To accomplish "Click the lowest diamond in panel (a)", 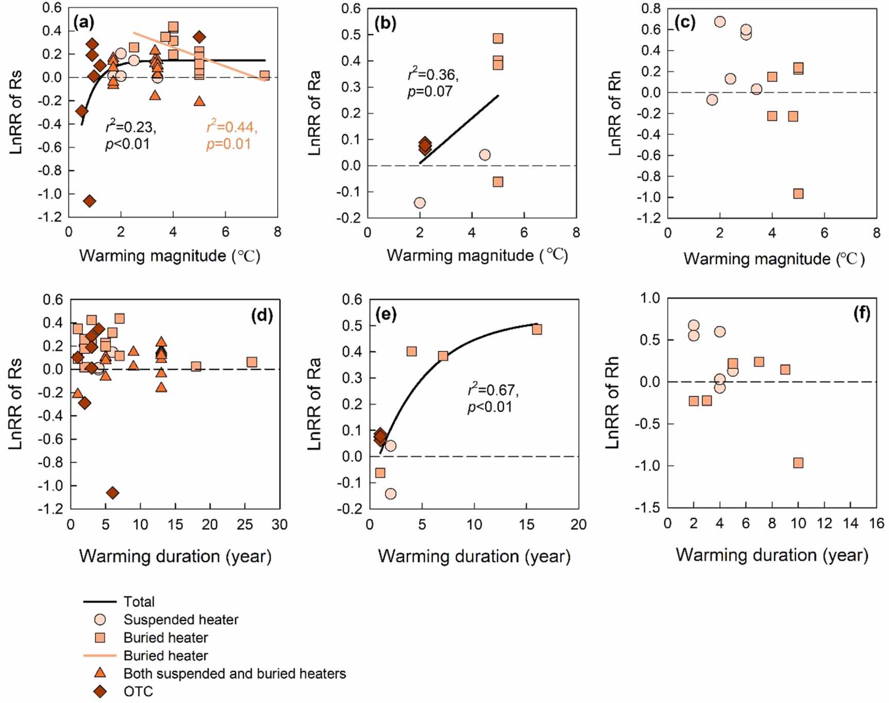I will coord(90,201).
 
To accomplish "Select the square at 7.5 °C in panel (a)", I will coord(264,76).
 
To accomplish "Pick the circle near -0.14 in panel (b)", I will coord(420,203).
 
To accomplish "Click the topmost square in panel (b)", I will coord(498,39).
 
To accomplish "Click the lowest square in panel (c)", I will coord(798,194).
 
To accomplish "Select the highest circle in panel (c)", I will coord(720,22).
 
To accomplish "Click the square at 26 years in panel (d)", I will coord(251,362).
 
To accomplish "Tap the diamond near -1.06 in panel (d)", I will coord(112,493).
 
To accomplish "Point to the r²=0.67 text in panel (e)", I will coord(493,390).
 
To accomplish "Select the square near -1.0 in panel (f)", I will coord(798,463).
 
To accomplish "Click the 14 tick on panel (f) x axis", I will coord(850,524).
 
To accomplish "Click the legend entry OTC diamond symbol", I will coord(100,692).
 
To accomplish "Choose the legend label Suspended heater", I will coord(181,620).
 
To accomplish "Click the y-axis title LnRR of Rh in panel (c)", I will coord(614,113).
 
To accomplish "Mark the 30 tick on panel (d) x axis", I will coord(279,525).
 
